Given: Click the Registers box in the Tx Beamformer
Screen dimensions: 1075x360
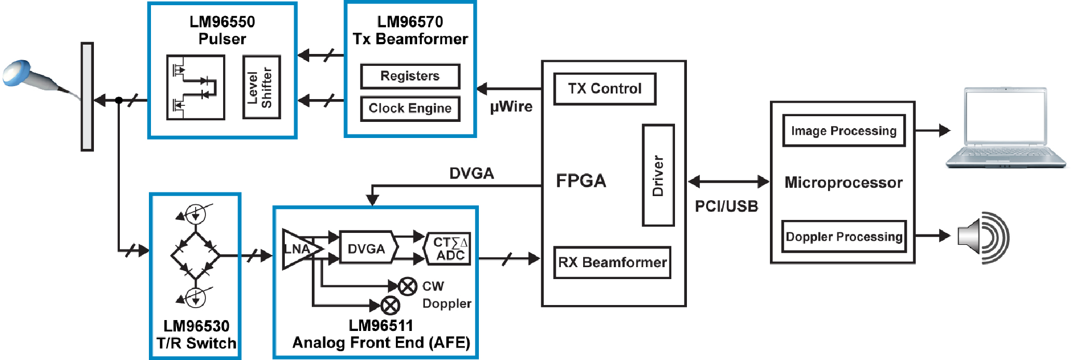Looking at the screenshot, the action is (x=410, y=76).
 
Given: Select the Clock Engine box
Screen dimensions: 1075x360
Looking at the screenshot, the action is (x=410, y=108).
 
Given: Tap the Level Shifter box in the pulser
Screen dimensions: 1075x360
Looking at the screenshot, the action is (x=261, y=87).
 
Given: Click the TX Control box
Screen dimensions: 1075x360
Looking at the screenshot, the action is (x=604, y=89).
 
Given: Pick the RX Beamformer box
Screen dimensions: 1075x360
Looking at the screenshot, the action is (x=612, y=262).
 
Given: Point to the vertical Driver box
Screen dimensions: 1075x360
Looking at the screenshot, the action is (x=658, y=175).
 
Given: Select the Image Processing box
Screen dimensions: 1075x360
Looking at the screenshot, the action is (x=844, y=131).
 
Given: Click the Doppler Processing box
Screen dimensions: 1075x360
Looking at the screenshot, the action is (x=844, y=237).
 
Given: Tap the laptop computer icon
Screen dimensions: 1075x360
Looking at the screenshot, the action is (x=1005, y=128).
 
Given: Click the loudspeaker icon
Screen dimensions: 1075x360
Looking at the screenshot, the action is (x=983, y=237).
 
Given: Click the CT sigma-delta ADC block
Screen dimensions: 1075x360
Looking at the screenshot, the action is (x=447, y=249).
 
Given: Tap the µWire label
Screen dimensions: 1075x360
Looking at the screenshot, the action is (x=511, y=107).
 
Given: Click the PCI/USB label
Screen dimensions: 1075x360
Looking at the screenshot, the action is (x=726, y=206).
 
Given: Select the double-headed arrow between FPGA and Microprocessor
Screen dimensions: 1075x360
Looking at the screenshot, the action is (x=728, y=182).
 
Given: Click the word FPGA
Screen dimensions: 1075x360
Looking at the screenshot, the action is (x=581, y=181).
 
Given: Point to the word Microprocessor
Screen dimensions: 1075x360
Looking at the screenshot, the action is (x=844, y=183).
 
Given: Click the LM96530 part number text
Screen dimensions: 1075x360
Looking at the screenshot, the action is (x=196, y=326).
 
